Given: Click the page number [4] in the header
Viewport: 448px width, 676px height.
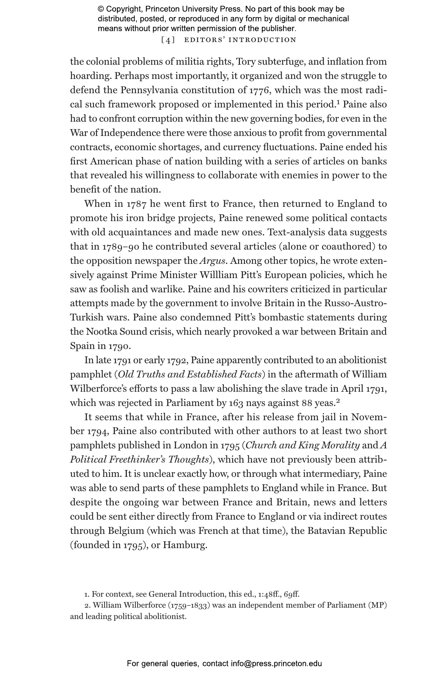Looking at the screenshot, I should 168,40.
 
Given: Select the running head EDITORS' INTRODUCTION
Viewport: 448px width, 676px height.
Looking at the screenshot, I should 240,40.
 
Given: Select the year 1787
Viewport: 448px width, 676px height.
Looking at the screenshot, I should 136,204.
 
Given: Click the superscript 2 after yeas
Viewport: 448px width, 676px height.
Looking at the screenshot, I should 338,401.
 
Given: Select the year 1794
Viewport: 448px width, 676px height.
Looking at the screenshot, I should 97,432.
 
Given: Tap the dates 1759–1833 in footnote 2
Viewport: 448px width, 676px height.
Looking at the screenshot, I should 189,605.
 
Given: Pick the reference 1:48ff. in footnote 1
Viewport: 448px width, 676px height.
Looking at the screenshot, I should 269,594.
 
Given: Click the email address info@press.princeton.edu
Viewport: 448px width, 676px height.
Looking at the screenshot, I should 276,664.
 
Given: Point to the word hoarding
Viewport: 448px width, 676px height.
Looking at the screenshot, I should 90,76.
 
